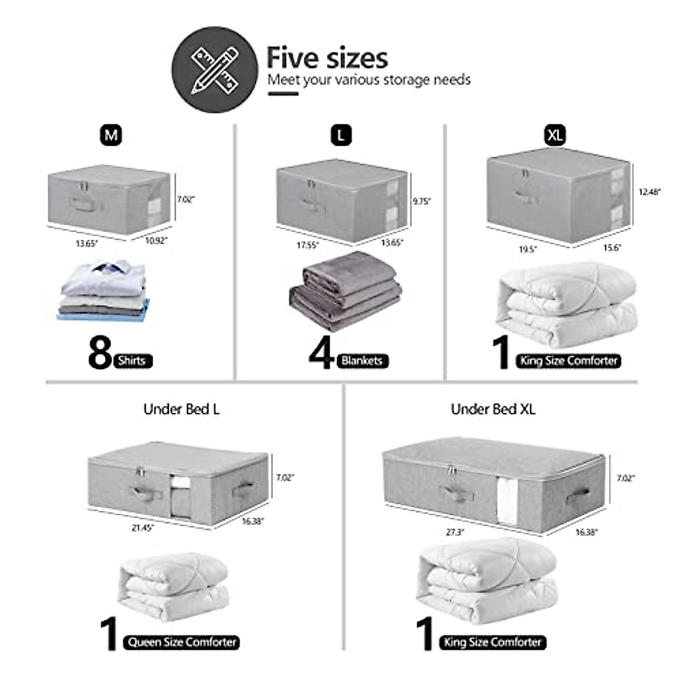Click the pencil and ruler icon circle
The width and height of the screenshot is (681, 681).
[215, 70]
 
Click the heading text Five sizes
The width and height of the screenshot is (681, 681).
[327, 58]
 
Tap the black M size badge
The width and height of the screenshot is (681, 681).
[111, 135]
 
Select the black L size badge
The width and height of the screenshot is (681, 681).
[340, 135]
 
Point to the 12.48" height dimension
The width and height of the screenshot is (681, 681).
[649, 192]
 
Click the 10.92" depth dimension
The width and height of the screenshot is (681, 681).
[157, 241]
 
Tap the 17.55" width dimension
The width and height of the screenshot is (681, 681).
[307, 245]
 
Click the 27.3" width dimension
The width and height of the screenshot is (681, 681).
[455, 532]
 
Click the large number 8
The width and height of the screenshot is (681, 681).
[100, 352]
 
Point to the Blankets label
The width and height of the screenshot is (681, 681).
[362, 360]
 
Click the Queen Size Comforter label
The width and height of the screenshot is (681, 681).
[182, 642]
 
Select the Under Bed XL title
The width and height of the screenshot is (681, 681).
[493, 409]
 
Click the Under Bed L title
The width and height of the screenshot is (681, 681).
[181, 409]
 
